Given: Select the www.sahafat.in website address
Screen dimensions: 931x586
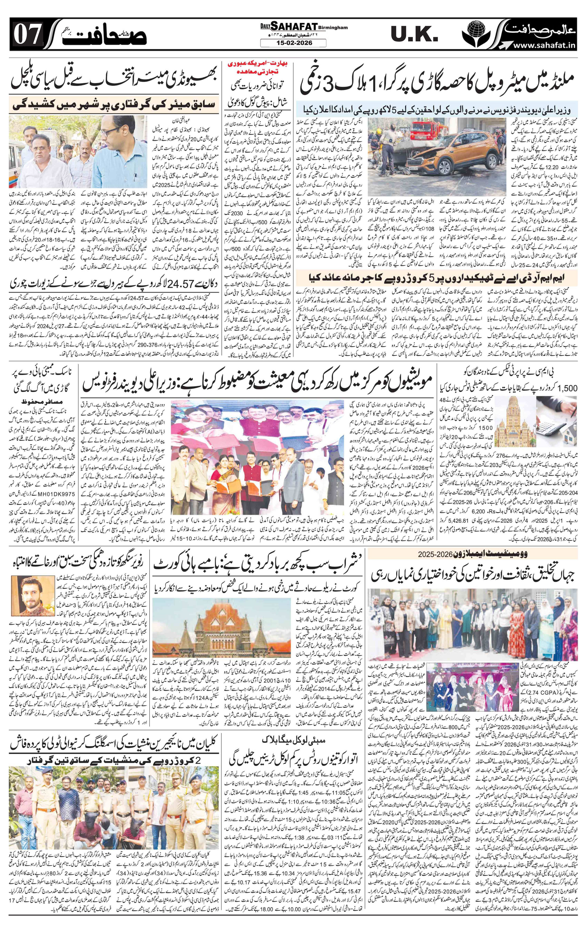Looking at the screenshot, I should point(544,46).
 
